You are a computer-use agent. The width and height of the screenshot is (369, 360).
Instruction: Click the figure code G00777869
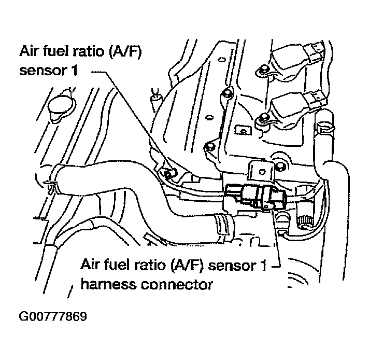[x=53, y=316]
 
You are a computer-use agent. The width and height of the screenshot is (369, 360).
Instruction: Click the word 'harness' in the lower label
[x=109, y=284]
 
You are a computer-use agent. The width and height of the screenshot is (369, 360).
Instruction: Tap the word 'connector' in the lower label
[x=177, y=285]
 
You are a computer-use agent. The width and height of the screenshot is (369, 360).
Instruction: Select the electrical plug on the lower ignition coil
[x=315, y=99]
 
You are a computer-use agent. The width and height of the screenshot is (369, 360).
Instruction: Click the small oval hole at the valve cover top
[x=220, y=59]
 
